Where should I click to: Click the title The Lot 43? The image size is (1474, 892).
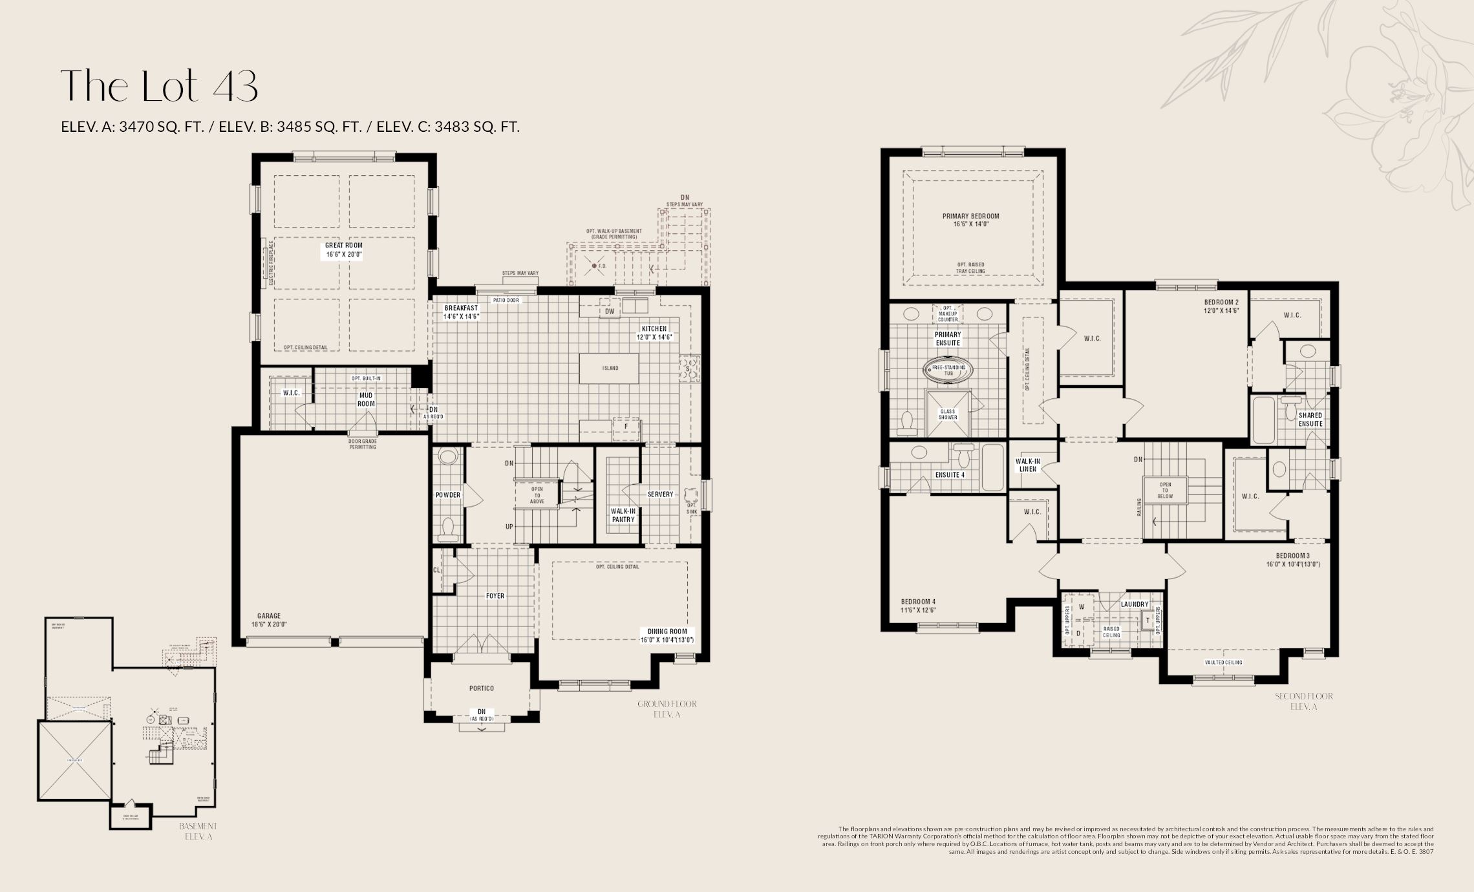(x=159, y=85)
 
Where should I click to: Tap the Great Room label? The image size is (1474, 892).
(x=343, y=246)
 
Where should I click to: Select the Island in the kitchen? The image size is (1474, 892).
(x=610, y=368)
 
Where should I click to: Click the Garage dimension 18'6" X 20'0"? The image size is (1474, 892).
(x=269, y=625)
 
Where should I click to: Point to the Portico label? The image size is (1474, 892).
(x=482, y=688)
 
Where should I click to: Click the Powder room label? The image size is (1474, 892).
(x=448, y=495)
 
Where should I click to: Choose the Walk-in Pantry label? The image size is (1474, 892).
(x=623, y=515)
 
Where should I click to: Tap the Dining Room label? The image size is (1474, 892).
(x=667, y=632)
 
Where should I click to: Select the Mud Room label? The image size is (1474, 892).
(x=366, y=399)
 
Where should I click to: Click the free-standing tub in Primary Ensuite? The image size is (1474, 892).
(x=948, y=370)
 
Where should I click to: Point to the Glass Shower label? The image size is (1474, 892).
(x=948, y=414)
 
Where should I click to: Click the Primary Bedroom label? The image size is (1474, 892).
(x=970, y=217)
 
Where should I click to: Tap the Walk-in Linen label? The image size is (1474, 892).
(x=1027, y=465)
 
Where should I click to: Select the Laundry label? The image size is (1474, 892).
(x=1135, y=604)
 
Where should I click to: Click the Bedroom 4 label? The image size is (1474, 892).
(x=918, y=602)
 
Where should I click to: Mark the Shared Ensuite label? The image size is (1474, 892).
(x=1310, y=419)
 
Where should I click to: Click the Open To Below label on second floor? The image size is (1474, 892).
(x=1165, y=491)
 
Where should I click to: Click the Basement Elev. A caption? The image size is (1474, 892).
(x=198, y=831)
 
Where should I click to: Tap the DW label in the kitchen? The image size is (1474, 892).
(x=609, y=312)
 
